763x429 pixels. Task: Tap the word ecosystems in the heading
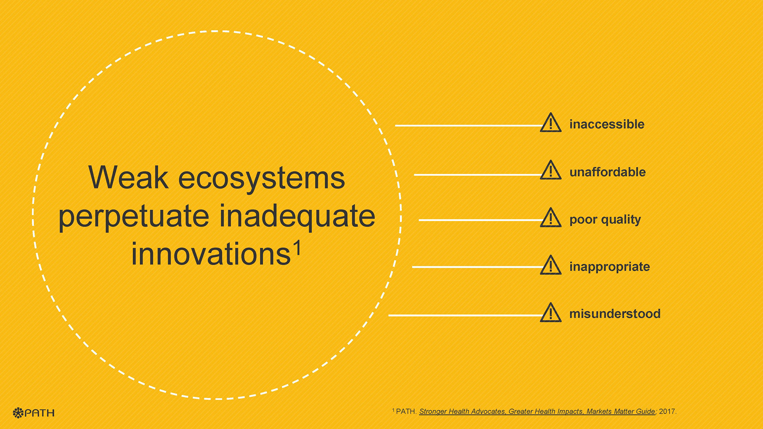pos(261,178)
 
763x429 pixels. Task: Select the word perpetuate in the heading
pos(134,217)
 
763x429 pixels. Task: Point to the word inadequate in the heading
pos(297,217)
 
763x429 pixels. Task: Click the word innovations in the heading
pos(211,254)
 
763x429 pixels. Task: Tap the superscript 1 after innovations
pos(297,248)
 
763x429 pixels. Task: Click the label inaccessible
pos(607,124)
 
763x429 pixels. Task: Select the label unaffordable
pos(608,172)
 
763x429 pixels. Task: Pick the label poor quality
pos(605,220)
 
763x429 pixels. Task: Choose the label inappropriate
pos(610,267)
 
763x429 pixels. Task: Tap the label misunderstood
pos(615,314)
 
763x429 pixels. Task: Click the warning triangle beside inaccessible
pos(551,122)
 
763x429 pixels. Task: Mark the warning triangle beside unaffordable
pos(551,170)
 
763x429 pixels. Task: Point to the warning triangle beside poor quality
pos(551,217)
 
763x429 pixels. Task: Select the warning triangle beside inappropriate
pos(551,265)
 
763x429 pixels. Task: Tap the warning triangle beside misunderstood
pos(551,312)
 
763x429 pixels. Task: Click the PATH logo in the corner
pos(33,413)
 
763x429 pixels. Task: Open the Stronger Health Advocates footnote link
pos(537,412)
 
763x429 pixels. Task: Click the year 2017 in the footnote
pos(667,412)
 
